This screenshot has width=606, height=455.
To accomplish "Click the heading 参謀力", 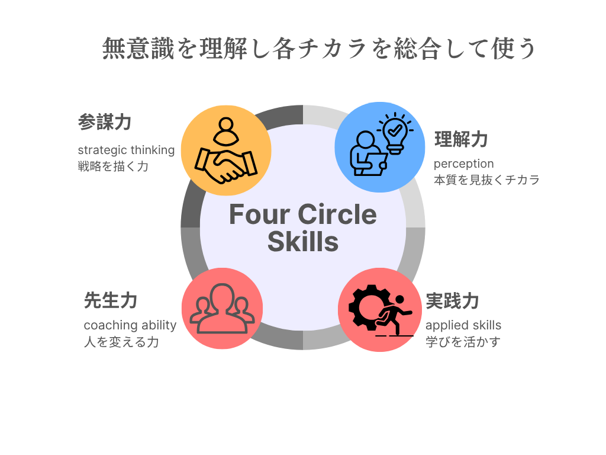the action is pyautogui.click(x=105, y=122).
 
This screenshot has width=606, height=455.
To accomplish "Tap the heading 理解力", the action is pyautogui.click(x=460, y=139).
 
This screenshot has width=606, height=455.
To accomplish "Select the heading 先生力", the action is pyautogui.click(x=111, y=300).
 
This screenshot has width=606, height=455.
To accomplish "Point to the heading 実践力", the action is pyautogui.click(x=452, y=301).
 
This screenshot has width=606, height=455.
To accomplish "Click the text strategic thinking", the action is pyautogui.click(x=127, y=150).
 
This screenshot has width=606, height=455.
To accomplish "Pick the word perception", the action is pyautogui.click(x=464, y=164).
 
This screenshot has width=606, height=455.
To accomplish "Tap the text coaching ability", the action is pyautogui.click(x=130, y=325).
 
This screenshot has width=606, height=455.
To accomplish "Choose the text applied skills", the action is pyautogui.click(x=463, y=325).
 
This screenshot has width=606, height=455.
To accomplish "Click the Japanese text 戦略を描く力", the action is pyautogui.click(x=113, y=166).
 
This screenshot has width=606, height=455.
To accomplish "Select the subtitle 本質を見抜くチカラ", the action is pyautogui.click(x=486, y=180).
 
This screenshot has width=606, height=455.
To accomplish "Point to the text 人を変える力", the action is pyautogui.click(x=121, y=342).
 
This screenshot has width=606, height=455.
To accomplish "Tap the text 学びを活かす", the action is pyautogui.click(x=463, y=342).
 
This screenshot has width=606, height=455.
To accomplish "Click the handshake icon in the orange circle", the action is pyautogui.click(x=226, y=165).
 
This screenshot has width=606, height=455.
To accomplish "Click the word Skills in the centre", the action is pyautogui.click(x=303, y=242).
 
